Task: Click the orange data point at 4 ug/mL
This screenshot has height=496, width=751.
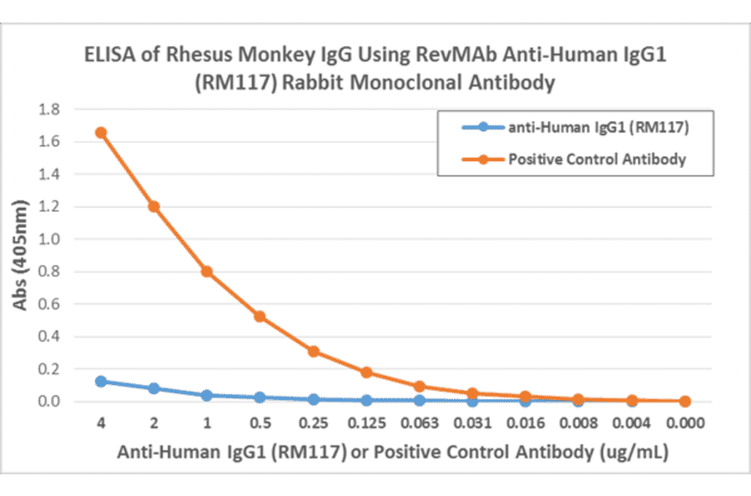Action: [100, 133]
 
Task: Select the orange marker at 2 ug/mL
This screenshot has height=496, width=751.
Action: [154, 206]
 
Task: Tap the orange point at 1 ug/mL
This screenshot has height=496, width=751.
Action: [206, 271]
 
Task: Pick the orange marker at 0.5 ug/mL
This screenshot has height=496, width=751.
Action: [260, 316]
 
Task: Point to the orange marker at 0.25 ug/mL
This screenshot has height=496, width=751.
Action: [313, 352]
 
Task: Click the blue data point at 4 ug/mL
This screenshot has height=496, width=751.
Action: [100, 382]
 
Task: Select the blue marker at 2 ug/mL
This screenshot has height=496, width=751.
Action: [154, 388]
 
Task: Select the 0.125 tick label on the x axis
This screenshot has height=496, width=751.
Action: [365, 423]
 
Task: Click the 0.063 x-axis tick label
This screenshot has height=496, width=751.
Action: [419, 423]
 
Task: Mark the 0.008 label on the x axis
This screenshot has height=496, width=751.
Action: [578, 423]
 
